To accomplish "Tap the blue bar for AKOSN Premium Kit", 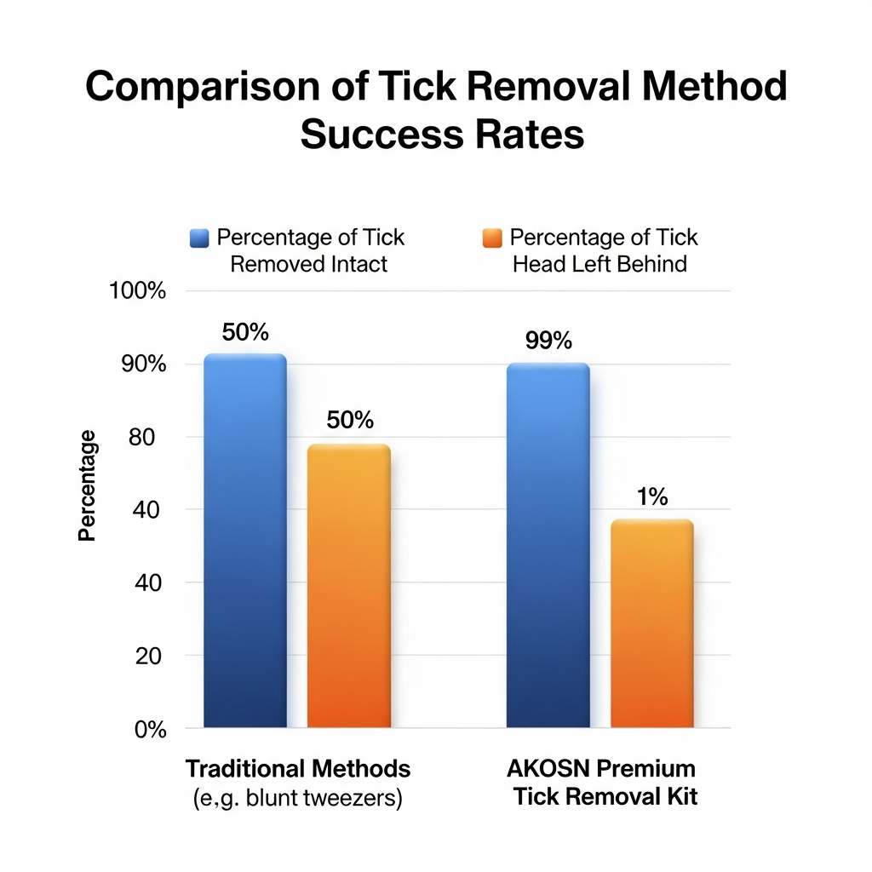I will pyautogui.click(x=548, y=545).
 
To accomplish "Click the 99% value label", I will pyautogui.click(x=548, y=341).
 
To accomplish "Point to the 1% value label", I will pyautogui.click(x=652, y=497).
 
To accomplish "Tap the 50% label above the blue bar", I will pyautogui.click(x=245, y=332).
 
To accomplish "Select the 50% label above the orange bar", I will pyautogui.click(x=350, y=420).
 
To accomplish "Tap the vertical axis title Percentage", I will pyautogui.click(x=87, y=485).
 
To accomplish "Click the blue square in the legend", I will pyautogui.click(x=198, y=238).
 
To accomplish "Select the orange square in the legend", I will pyautogui.click(x=492, y=238).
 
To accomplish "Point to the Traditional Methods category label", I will pyautogui.click(x=298, y=769).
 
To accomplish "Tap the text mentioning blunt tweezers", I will pyautogui.click(x=297, y=800).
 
